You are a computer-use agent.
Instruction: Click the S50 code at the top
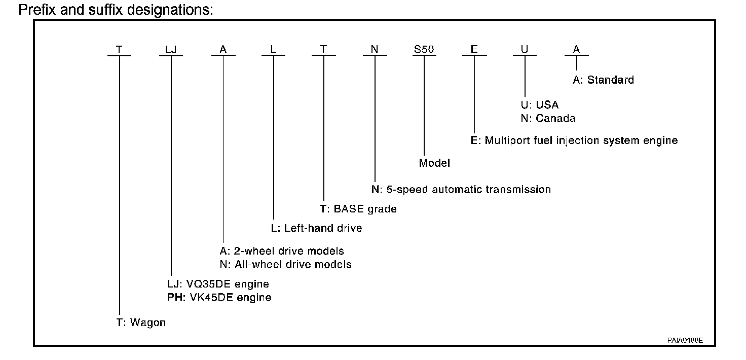[x=424, y=50]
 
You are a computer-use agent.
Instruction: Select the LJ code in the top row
[x=171, y=50]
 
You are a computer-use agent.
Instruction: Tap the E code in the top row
[x=474, y=50]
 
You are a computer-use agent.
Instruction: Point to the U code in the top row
[x=525, y=50]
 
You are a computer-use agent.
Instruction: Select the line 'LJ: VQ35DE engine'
[x=218, y=284]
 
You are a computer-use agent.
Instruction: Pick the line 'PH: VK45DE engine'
[x=219, y=297]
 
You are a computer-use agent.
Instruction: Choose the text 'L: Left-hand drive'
[x=316, y=228]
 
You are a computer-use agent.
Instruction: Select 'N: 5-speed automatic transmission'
[x=461, y=190]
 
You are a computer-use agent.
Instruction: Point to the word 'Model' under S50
[x=434, y=163]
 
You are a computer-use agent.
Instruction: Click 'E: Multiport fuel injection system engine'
[x=574, y=140]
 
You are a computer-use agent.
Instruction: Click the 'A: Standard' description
[x=603, y=80]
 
